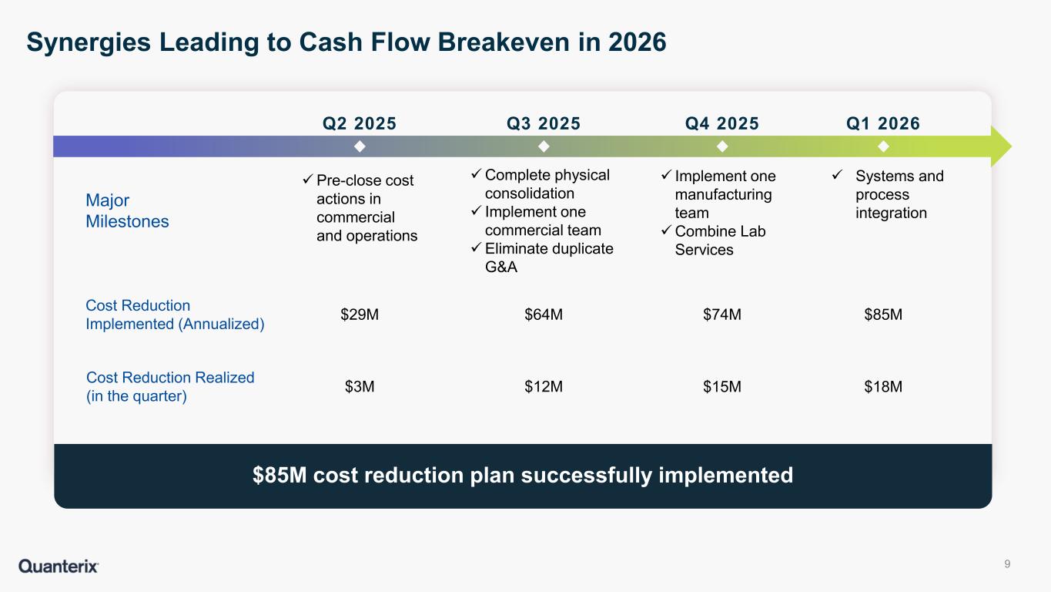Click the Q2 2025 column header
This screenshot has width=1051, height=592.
tap(360, 123)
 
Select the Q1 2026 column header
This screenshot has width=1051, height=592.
tap(883, 123)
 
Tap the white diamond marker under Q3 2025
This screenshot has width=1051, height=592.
tap(544, 146)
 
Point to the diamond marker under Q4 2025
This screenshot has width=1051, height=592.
tap(722, 146)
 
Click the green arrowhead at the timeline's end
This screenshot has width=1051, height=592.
tap(1001, 146)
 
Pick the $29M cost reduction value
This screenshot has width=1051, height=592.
tap(360, 314)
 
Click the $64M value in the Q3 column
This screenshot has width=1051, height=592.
tap(544, 314)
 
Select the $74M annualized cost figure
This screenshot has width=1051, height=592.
tap(722, 314)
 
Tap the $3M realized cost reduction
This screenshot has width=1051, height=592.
tap(360, 387)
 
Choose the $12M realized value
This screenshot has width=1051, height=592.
tap(544, 387)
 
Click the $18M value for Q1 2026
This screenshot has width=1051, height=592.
tap(883, 387)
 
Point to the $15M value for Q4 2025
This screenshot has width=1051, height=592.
tap(722, 387)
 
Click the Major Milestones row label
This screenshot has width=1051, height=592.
tap(127, 211)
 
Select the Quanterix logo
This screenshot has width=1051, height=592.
tap(59, 566)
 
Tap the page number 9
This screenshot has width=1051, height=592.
tap(1007, 563)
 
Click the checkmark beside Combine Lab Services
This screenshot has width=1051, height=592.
tap(666, 230)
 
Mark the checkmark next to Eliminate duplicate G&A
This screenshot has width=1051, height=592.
tap(477, 247)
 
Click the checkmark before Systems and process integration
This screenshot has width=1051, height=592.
tap(837, 175)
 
